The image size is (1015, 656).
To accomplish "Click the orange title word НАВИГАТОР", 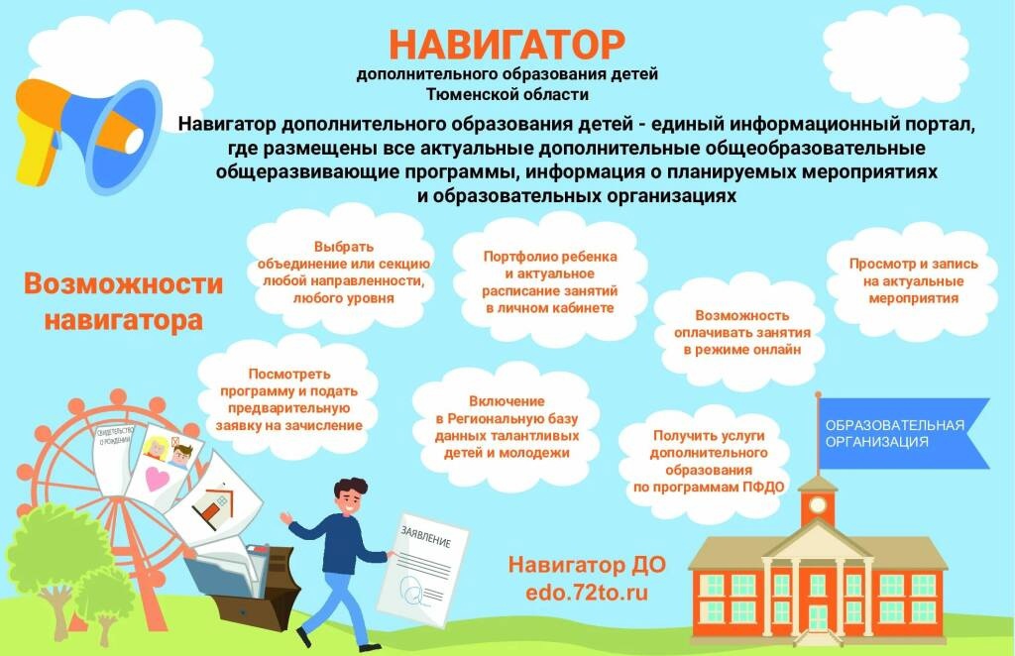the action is click(507, 44).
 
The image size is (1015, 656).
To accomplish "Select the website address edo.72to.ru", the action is click(587, 593).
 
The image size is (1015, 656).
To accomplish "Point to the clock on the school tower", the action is click(818, 504).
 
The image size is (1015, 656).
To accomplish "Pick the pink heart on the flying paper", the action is click(157, 479).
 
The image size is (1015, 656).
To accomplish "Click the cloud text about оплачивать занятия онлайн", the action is click(741, 333).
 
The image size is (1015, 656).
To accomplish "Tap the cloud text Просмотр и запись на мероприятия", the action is click(913, 280).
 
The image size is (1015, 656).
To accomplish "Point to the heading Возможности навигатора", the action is click(123, 301).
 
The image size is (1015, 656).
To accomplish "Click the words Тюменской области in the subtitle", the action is click(507, 94).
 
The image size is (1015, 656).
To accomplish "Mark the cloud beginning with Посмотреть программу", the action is click(288, 399).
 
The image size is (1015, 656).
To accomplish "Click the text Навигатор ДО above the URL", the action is click(587, 565).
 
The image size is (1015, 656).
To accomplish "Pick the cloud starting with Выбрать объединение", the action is click(343, 273).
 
